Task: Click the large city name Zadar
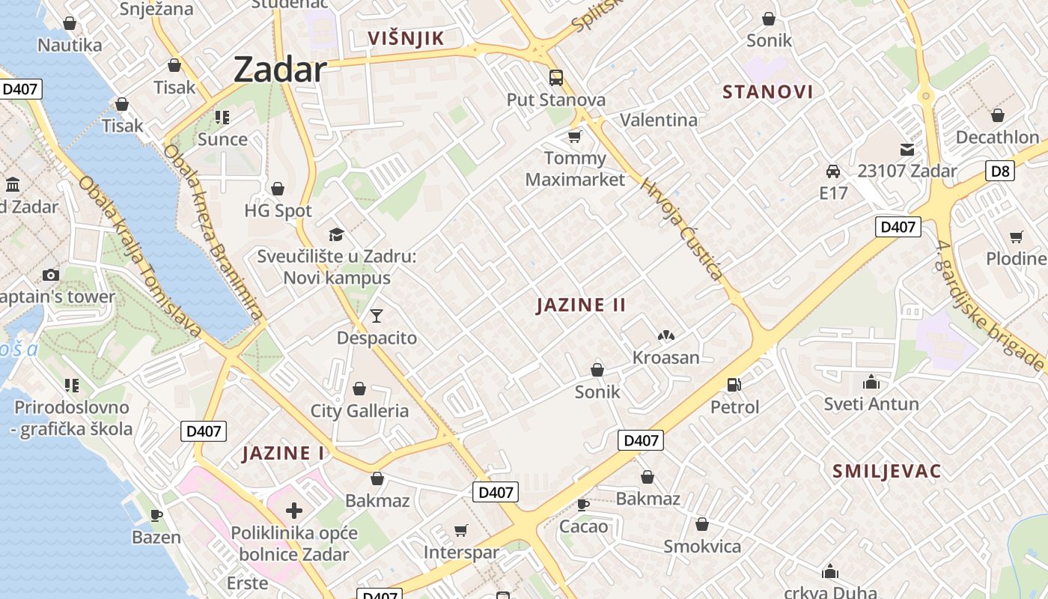280,70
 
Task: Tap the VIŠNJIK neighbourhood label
406,39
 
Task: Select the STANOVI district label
767,92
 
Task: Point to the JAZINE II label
581,305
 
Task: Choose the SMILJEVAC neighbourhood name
886,471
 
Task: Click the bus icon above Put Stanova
555,78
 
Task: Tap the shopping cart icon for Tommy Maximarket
574,136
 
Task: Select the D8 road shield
1000,171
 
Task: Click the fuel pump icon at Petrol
734,386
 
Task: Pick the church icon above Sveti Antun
871,383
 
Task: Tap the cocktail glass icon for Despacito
376,316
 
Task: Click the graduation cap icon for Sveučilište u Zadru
336,235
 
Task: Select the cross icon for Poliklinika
294,511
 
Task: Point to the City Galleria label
359,411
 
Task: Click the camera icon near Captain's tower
51,275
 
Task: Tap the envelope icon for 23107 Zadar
907,150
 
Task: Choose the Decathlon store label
997,137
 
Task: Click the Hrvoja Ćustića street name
682,229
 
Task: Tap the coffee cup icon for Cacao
583,505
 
